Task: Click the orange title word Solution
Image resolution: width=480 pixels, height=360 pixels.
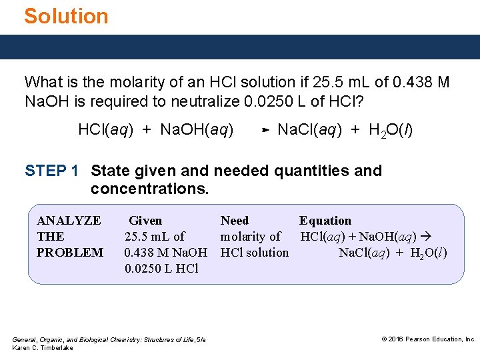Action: [66, 16]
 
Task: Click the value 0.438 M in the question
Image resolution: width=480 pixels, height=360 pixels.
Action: [419, 83]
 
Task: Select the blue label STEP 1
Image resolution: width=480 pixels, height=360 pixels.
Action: [52, 171]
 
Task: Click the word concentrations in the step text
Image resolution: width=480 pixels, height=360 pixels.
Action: [149, 189]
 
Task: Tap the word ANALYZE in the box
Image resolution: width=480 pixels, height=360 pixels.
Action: [69, 221]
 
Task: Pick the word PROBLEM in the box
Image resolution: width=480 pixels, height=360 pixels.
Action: [70, 253]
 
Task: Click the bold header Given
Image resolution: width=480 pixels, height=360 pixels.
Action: [145, 221]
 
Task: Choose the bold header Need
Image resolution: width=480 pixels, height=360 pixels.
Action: [235, 221]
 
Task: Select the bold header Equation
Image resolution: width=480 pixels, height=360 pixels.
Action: [325, 221]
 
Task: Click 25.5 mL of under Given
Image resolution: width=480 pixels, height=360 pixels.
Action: [155, 237]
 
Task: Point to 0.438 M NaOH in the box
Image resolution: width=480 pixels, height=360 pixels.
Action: [166, 253]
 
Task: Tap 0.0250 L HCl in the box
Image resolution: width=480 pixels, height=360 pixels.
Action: [161, 269]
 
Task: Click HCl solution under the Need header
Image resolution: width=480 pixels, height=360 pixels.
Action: [255, 253]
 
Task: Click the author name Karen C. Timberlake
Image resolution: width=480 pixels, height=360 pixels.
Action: [43, 348]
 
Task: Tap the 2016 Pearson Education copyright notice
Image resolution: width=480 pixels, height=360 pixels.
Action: [429, 339]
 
